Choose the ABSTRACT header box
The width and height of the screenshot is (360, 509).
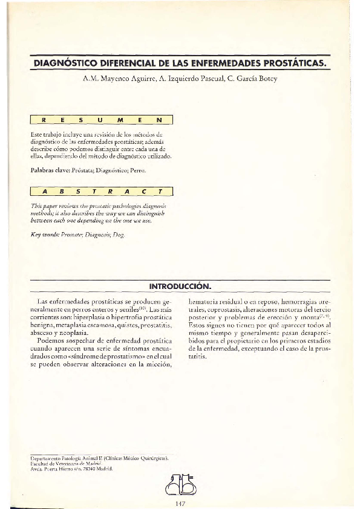click(x=102, y=192)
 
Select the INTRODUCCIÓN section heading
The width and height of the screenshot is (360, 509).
click(x=180, y=285)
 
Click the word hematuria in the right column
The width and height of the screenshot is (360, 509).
click(x=205, y=300)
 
